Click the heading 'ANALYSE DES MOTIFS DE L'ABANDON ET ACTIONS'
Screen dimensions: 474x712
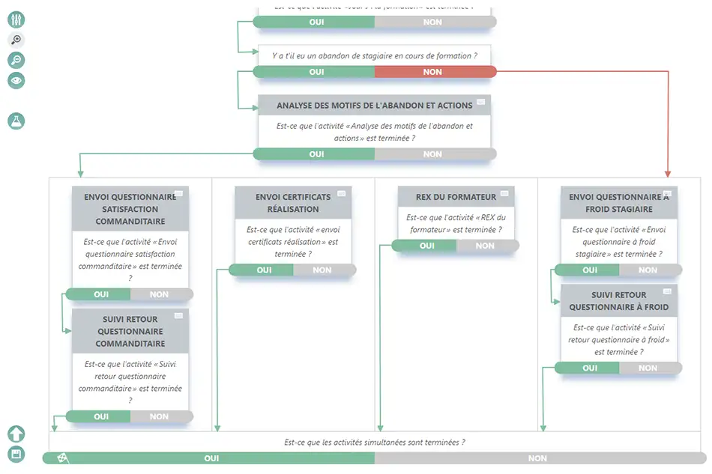(374, 106)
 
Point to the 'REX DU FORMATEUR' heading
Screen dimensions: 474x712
(456, 197)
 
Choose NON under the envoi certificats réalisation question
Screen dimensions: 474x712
(323, 270)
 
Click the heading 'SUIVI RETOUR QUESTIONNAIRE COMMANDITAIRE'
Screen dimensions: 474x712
(130, 331)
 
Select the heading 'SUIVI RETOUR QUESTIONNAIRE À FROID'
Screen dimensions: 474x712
(618, 301)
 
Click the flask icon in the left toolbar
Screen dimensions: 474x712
(16, 121)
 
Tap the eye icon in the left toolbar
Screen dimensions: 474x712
(16, 80)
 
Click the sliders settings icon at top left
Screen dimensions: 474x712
(16, 20)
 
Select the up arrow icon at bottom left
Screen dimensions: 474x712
(16, 434)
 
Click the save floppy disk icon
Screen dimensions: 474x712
(16, 454)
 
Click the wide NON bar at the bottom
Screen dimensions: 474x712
(538, 458)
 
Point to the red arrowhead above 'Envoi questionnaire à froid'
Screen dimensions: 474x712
(667, 173)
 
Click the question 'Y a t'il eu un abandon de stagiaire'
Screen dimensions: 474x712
(372, 55)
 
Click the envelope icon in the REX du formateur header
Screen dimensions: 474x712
(504, 194)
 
